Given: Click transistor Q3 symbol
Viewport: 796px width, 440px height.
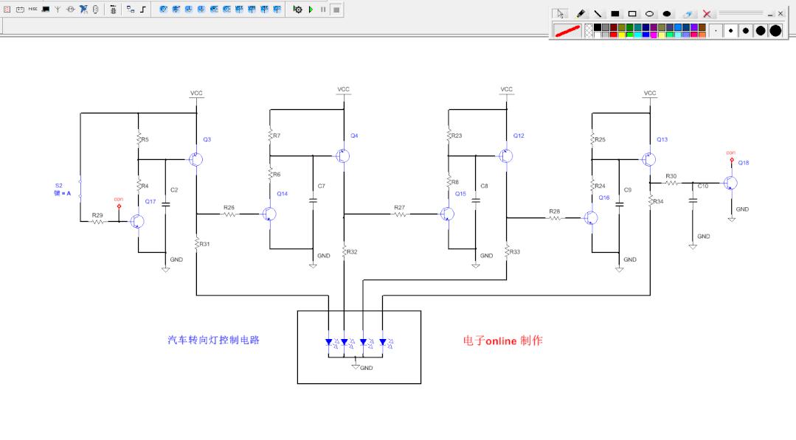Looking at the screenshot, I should pyautogui.click(x=195, y=159).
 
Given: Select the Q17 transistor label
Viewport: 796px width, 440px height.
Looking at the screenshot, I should pyautogui.click(x=150, y=201).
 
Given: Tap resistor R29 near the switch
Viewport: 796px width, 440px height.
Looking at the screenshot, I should pyautogui.click(x=98, y=221).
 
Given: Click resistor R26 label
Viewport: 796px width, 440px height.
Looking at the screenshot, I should pyautogui.click(x=229, y=207).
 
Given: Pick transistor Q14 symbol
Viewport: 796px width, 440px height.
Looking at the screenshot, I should pyautogui.click(x=269, y=214).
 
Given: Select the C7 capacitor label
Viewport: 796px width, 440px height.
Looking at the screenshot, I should pyautogui.click(x=321, y=186).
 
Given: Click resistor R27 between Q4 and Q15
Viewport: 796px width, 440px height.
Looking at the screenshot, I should pyautogui.click(x=400, y=214).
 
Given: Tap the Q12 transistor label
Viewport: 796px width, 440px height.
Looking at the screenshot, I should pyautogui.click(x=519, y=136).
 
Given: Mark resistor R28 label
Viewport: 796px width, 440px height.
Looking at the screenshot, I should pyautogui.click(x=554, y=211).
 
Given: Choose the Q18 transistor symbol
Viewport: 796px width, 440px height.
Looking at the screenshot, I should pyautogui.click(x=730, y=182).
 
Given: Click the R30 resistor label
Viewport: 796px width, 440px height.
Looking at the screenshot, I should pyautogui.click(x=671, y=176).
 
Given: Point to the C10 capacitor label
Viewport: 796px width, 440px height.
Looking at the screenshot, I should pyautogui.click(x=702, y=186).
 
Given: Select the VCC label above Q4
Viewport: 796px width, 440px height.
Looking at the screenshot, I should pyautogui.click(x=344, y=89).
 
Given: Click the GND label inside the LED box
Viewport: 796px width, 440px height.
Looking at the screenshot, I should pyautogui.click(x=367, y=368).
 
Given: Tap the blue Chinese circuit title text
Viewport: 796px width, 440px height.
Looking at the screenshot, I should pyautogui.click(x=214, y=340).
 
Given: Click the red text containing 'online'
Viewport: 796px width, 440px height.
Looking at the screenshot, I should pyautogui.click(x=502, y=341).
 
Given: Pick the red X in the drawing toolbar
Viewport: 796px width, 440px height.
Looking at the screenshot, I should pyautogui.click(x=707, y=14).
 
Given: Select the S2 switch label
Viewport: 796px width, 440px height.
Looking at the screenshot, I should pyautogui.click(x=59, y=186).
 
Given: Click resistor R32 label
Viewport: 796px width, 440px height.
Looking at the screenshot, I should pyautogui.click(x=352, y=252).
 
